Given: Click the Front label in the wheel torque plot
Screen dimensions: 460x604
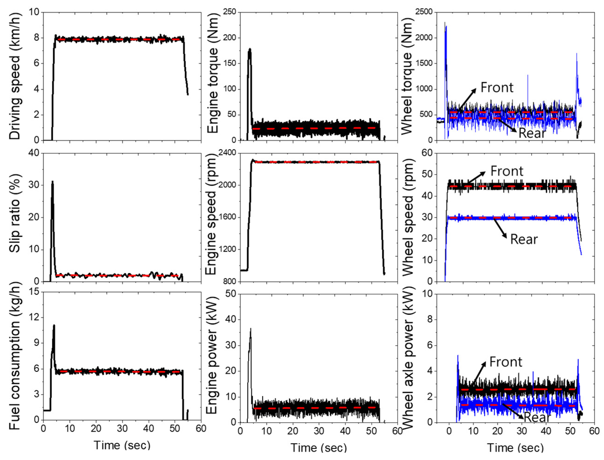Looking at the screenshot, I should click(497, 88).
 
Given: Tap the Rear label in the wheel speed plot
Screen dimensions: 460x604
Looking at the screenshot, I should click(524, 239).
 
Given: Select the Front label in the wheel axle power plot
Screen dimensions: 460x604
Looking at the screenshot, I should click(506, 362).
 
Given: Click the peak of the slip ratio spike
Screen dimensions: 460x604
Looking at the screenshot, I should click(52, 181).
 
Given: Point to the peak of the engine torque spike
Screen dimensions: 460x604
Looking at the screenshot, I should click(250, 49).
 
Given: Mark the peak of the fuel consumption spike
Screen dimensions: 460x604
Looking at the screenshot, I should click(54, 325).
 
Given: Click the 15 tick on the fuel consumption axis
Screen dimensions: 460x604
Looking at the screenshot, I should click(35, 292).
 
